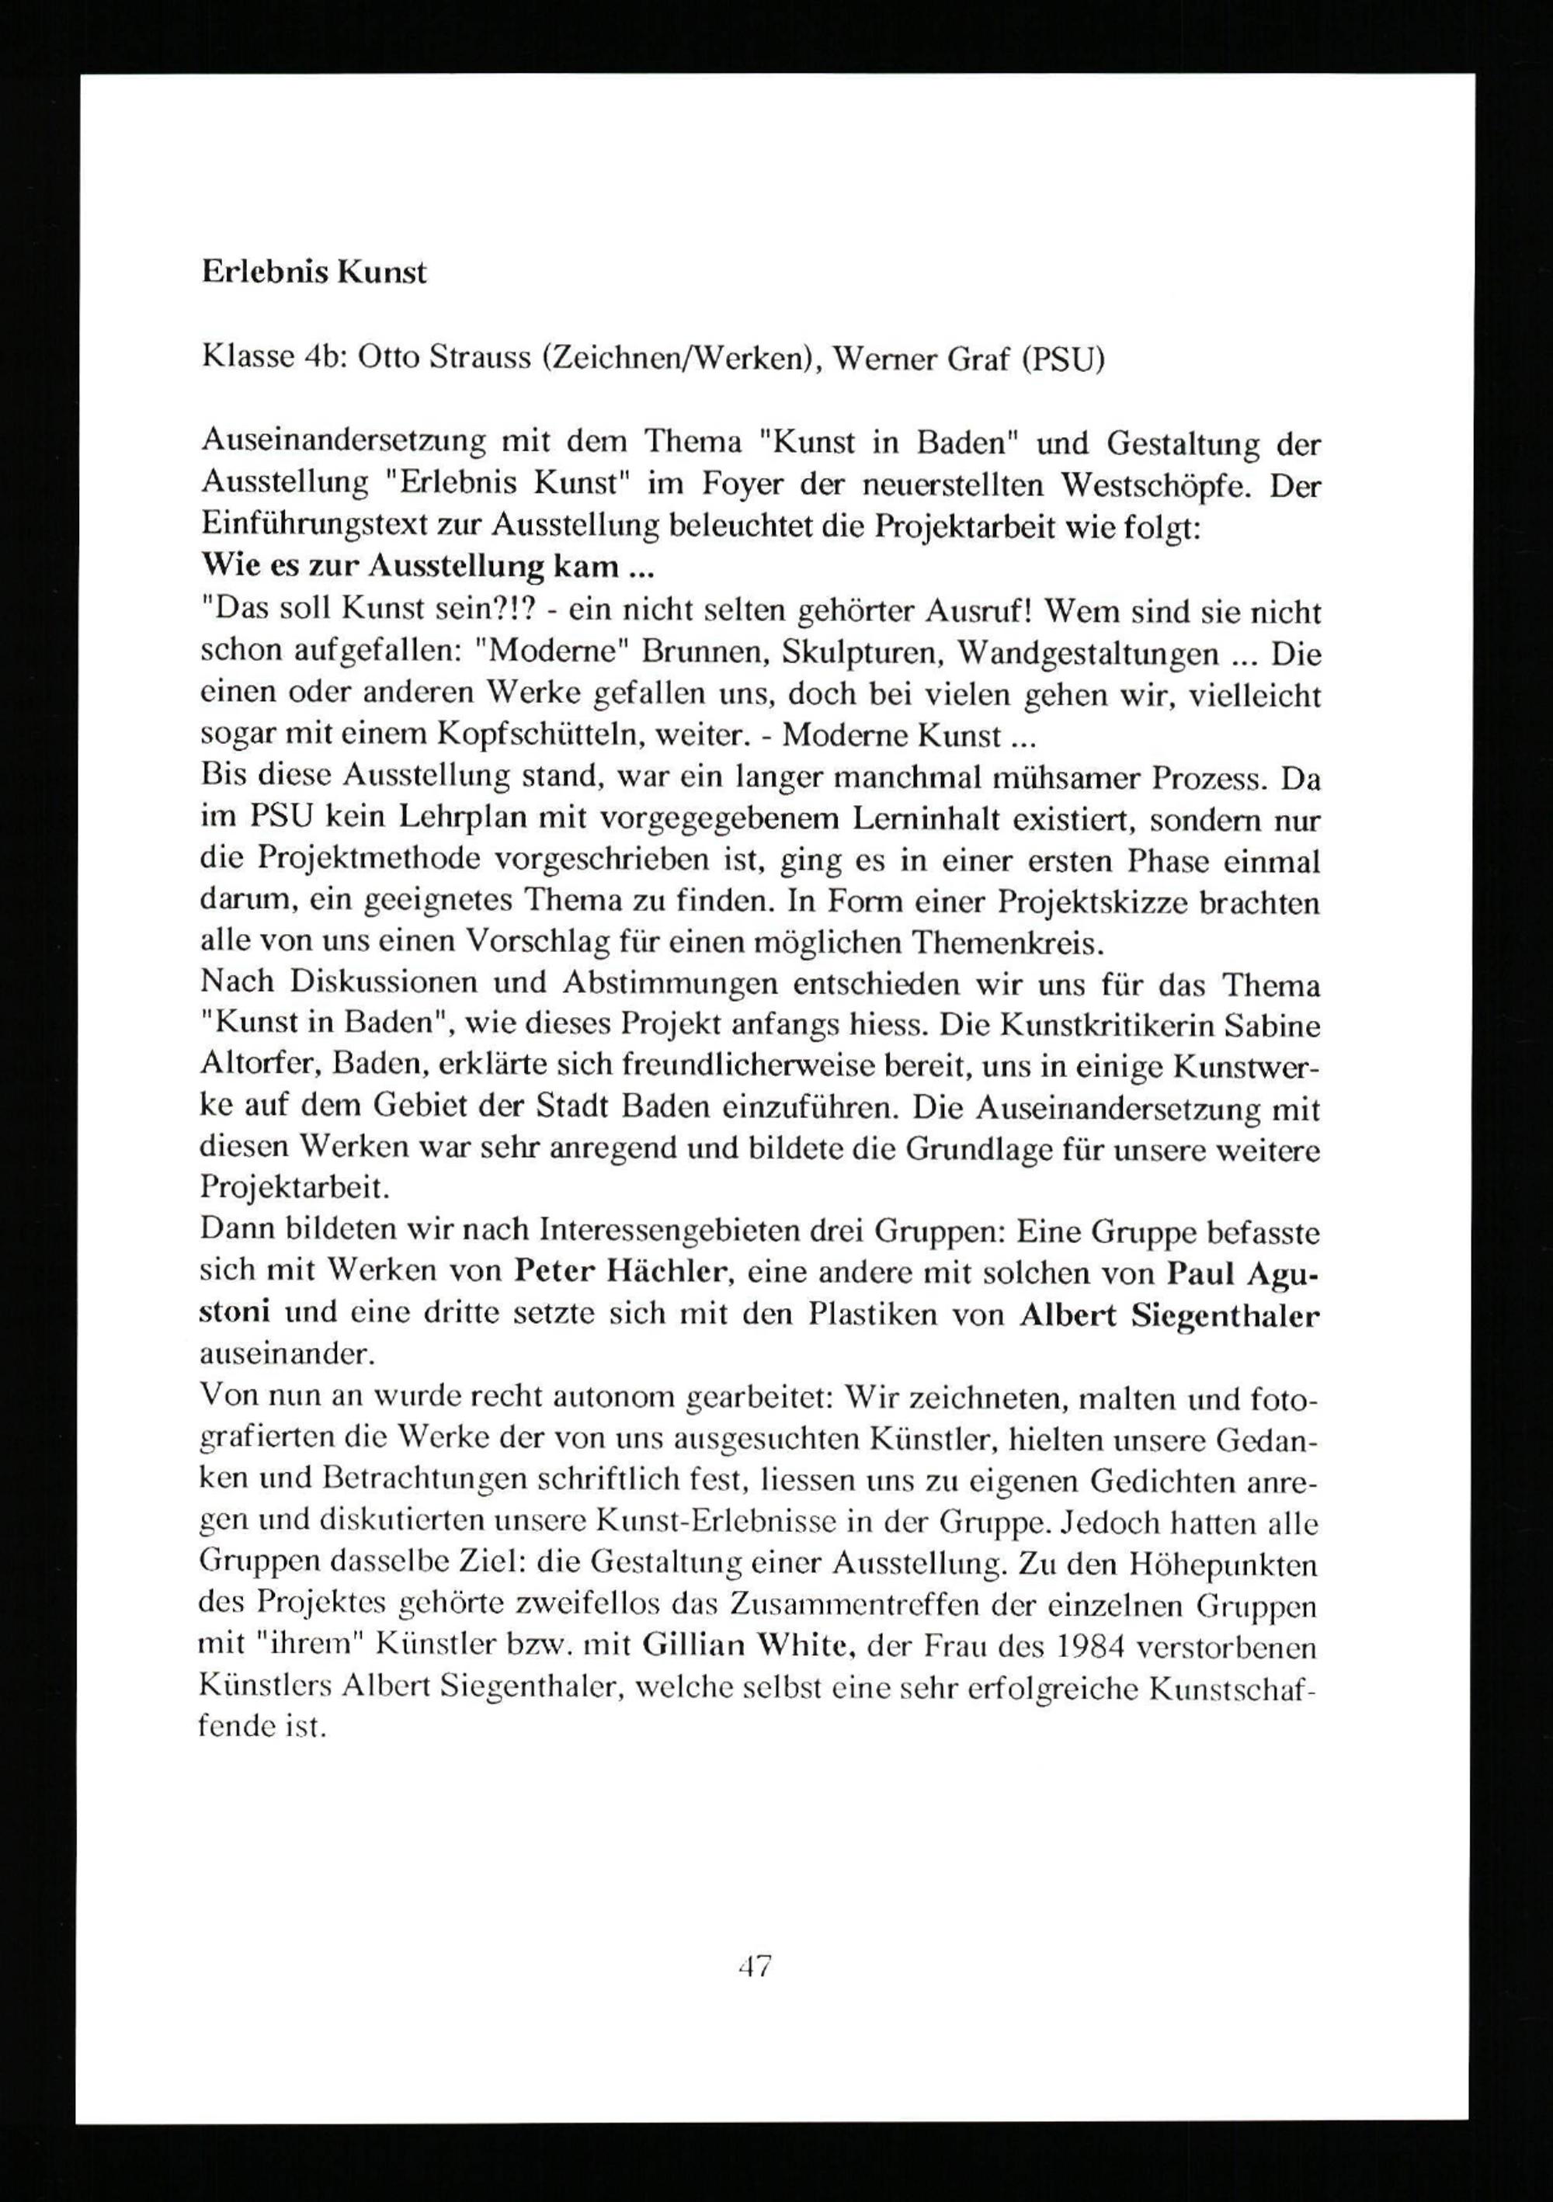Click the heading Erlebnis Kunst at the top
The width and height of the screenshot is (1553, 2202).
[x=314, y=273]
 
